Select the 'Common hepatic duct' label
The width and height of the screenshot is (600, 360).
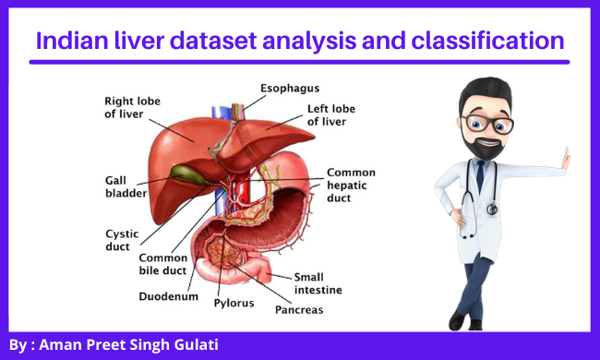[350, 184]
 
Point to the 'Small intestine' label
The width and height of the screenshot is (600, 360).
[318, 283]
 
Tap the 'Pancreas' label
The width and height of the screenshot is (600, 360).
[299, 310]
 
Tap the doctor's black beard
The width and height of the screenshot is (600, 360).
[486, 148]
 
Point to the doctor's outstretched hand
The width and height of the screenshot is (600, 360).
[565, 159]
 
